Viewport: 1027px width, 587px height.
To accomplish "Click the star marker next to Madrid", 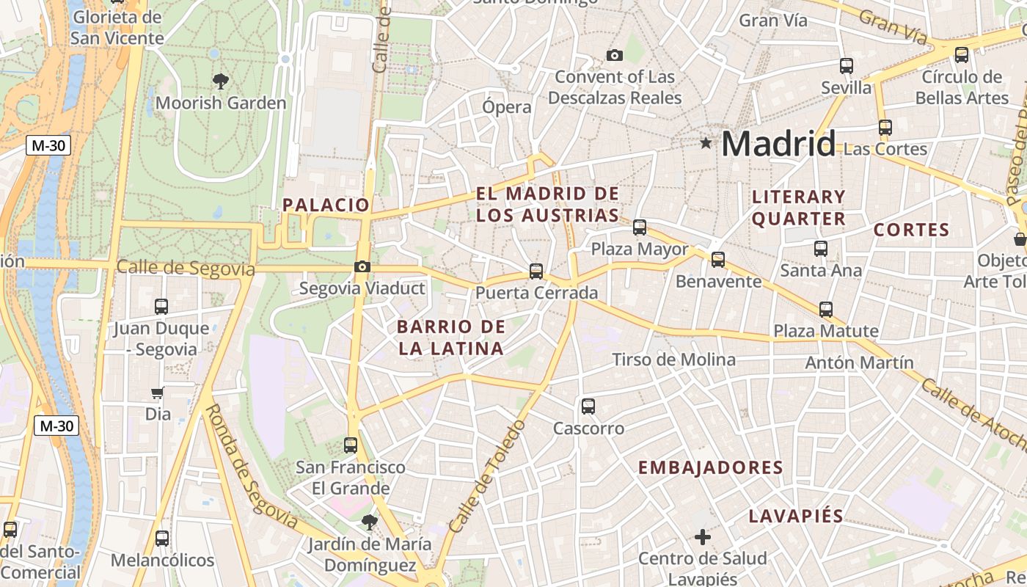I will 706,143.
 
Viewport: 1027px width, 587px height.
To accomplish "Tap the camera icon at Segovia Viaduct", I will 362,267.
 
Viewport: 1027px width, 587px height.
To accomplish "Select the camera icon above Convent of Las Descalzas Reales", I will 615,55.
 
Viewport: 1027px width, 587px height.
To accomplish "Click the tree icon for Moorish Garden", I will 220,81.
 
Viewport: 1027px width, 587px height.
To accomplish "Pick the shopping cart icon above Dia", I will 158,393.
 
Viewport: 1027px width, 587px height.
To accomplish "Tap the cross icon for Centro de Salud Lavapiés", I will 703,538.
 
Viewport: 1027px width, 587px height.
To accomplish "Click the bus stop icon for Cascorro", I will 588,406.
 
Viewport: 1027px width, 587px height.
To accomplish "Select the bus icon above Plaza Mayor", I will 640,227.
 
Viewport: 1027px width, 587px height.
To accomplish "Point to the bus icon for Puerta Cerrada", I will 536,271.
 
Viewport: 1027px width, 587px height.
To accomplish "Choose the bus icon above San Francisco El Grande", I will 351,445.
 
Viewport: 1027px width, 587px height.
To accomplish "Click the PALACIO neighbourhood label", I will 326,205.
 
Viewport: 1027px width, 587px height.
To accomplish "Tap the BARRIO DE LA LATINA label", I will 451,338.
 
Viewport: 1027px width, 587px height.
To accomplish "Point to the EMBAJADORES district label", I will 710,467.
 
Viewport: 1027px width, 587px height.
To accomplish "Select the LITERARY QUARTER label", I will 799,208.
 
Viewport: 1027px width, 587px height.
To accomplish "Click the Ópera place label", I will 507,107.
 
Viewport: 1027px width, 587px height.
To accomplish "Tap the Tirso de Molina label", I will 673,360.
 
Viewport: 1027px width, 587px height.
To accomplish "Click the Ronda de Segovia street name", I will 249,467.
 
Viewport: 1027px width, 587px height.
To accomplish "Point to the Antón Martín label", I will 859,362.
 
